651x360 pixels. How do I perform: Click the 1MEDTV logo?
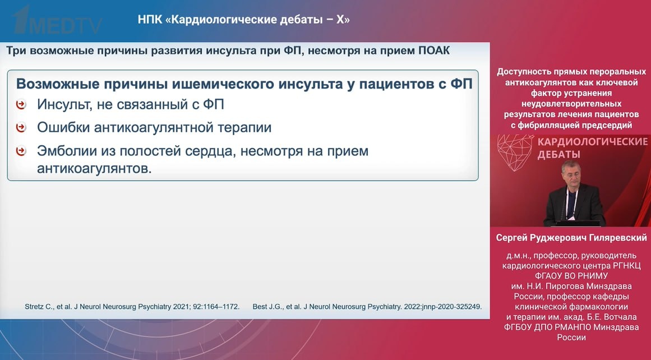(57, 21)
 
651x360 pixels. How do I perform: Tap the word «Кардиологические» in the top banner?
(225, 20)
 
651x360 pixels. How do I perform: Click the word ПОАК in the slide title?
(434, 50)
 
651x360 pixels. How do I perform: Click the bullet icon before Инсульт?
(21, 104)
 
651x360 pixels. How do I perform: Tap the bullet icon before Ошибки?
(21, 127)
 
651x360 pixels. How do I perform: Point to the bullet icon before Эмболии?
(21, 151)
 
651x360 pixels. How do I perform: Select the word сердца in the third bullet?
(209, 151)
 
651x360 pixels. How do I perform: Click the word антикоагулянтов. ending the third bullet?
(95, 168)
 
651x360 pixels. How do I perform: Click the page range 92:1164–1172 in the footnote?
(216, 307)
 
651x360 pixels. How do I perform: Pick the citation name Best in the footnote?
(260, 307)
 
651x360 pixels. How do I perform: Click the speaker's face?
(571, 174)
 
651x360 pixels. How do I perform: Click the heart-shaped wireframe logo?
(515, 152)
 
